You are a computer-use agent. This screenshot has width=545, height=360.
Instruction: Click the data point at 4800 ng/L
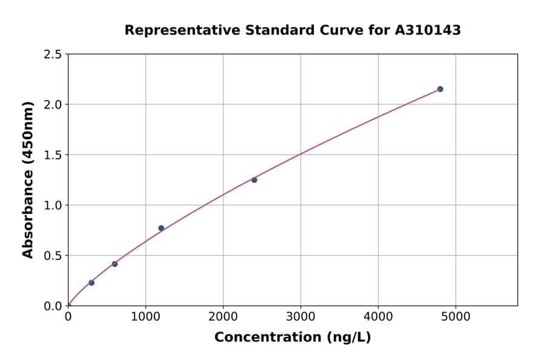point(440,89)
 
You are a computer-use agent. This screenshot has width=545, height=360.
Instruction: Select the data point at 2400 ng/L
point(254,180)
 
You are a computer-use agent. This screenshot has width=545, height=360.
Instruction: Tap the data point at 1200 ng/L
point(161,228)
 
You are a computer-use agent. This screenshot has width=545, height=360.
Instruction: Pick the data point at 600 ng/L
point(114,264)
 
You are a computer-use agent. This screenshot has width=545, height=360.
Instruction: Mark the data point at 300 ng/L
point(91,282)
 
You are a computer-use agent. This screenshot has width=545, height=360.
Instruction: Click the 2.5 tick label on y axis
point(53,55)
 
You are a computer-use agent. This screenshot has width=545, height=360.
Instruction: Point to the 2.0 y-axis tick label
point(53,105)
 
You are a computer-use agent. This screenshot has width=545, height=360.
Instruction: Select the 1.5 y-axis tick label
point(53,155)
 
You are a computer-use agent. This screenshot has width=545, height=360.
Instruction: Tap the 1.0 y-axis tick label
point(53,205)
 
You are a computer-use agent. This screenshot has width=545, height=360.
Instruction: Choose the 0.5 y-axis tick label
point(53,256)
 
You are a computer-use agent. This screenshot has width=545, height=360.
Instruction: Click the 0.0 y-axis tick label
point(53,306)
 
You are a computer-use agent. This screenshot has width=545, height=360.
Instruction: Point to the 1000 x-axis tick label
point(145,316)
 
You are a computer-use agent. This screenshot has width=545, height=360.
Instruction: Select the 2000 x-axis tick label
point(223,316)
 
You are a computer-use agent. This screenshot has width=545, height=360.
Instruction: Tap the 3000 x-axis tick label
point(301,316)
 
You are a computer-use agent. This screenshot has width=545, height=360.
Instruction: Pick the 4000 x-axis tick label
point(378,316)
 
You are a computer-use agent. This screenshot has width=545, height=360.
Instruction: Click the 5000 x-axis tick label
point(456,316)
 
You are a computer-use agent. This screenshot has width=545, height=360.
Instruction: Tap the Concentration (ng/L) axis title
point(292,338)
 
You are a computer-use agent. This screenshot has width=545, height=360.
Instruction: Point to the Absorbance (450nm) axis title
point(28,179)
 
